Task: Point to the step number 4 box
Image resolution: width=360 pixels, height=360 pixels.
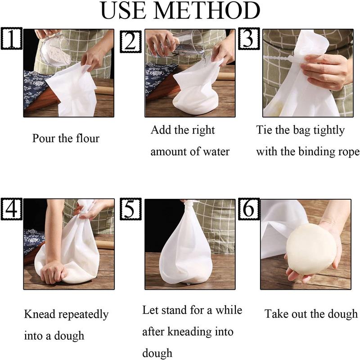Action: pos(11,208)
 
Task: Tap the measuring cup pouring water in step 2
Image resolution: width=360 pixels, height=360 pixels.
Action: pos(189,43)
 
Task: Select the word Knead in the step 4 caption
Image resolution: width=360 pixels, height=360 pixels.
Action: pos(38,314)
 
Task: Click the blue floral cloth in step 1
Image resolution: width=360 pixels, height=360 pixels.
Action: pos(36,88)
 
